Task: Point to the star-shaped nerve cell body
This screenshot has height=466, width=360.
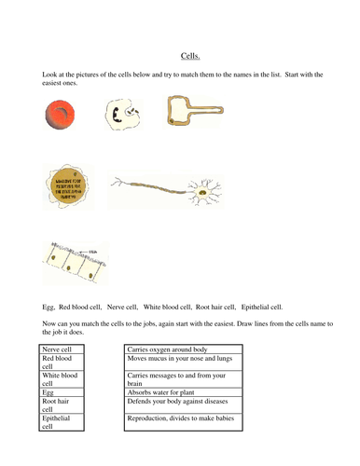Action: [203, 196]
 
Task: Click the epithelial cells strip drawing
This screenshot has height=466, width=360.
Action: [73, 264]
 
